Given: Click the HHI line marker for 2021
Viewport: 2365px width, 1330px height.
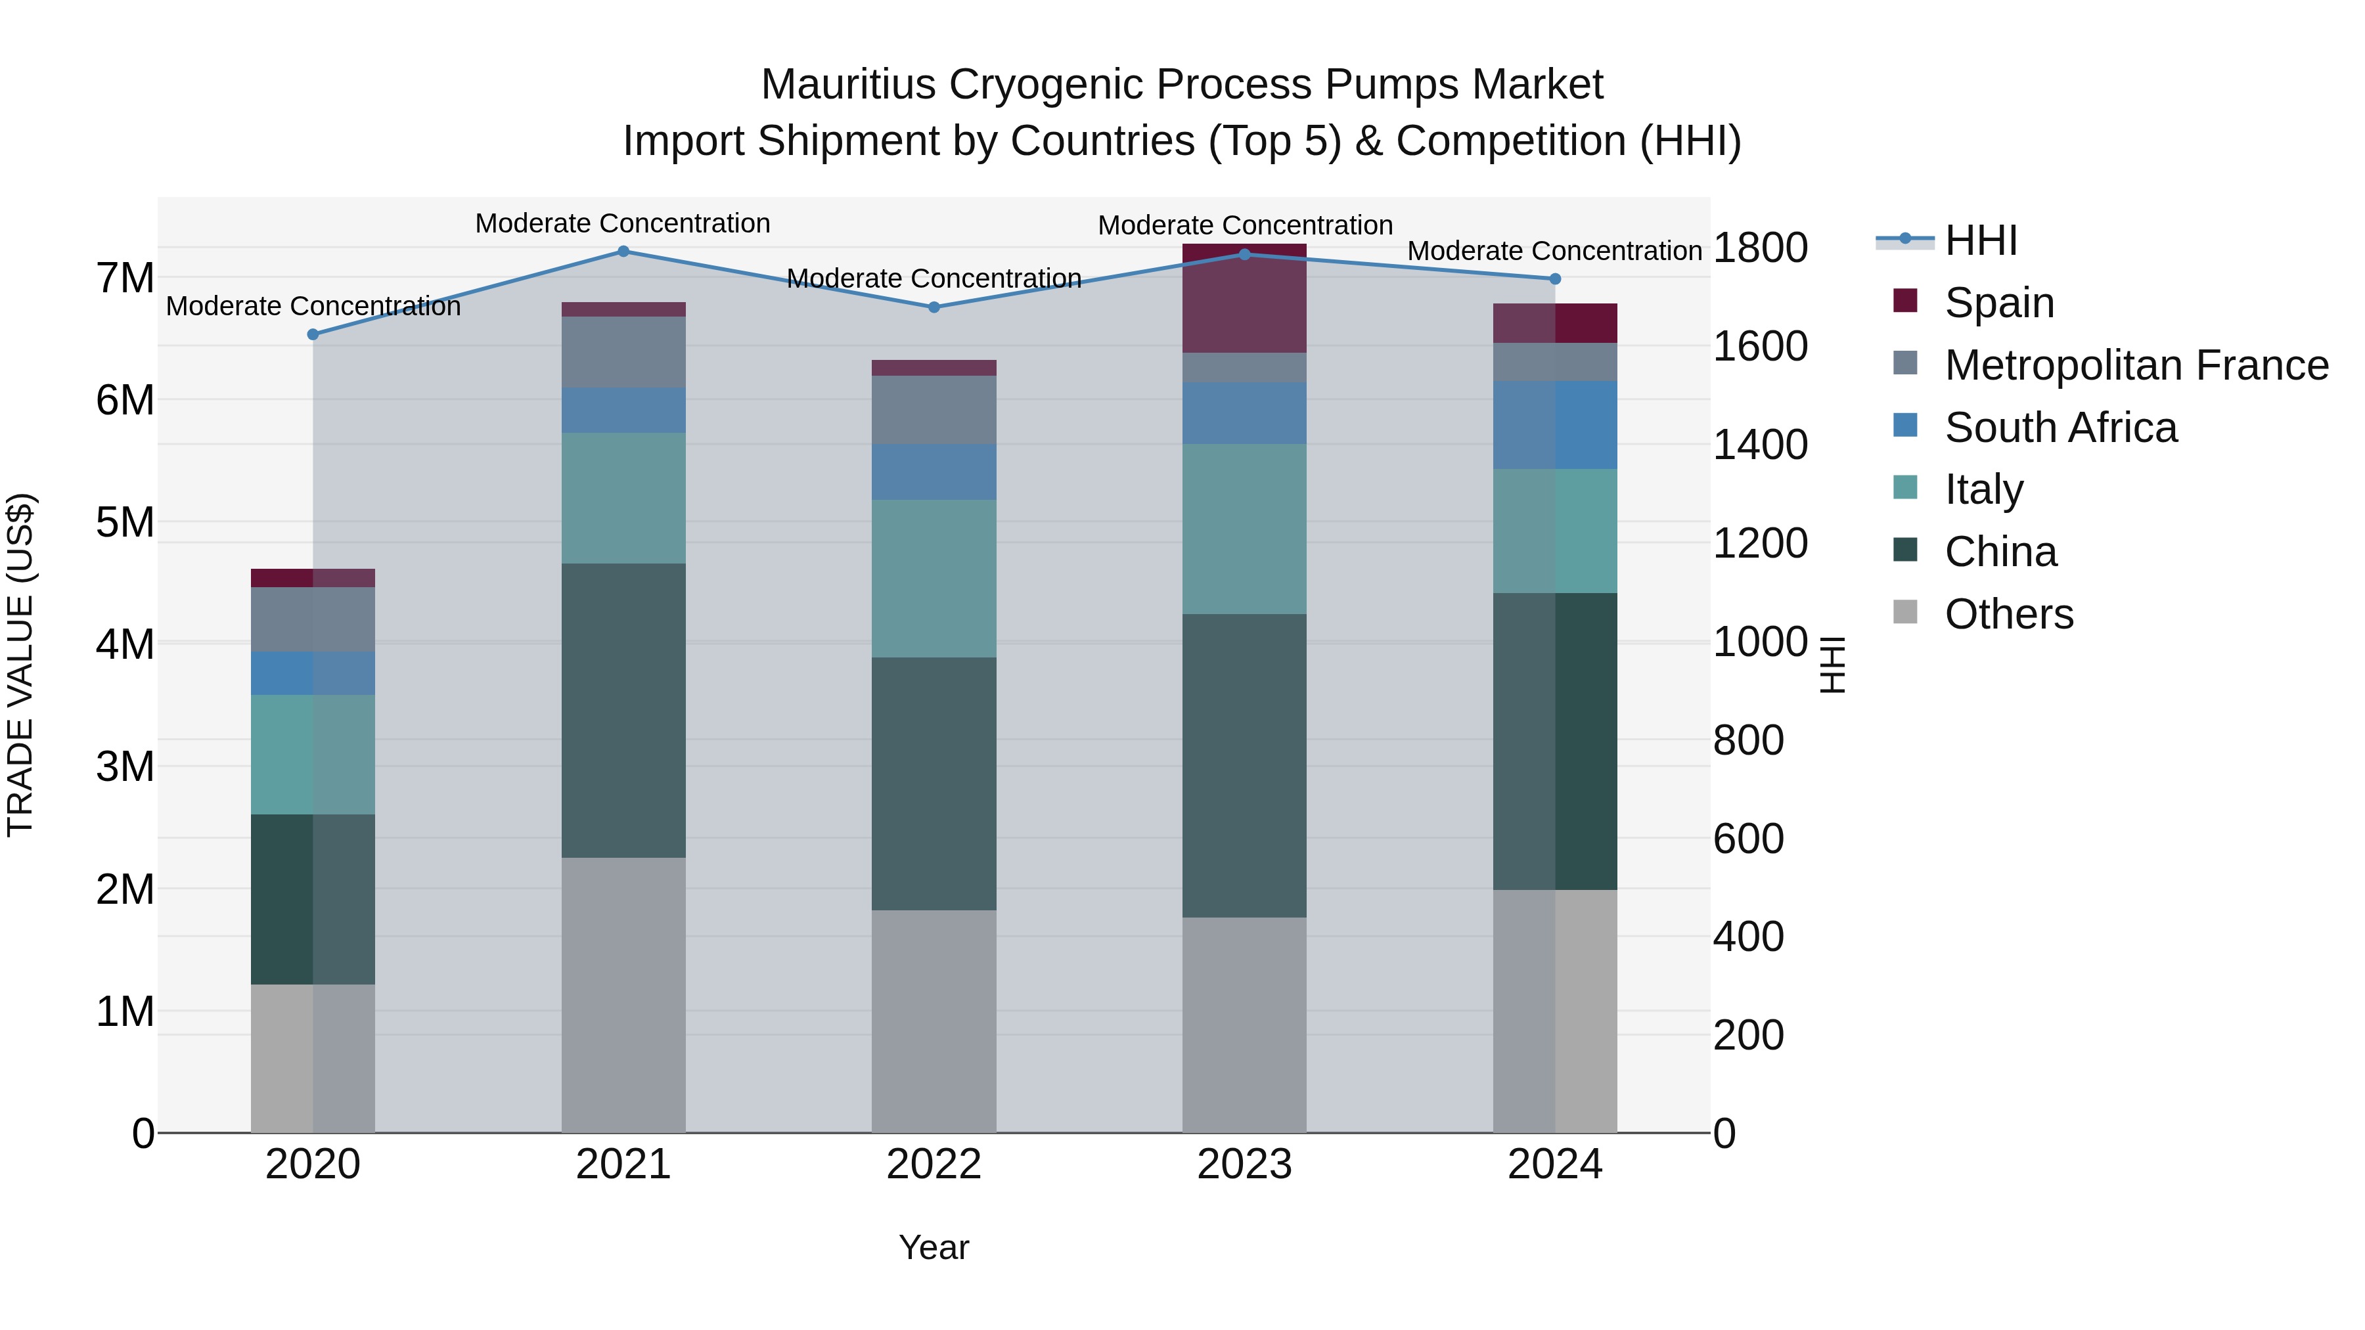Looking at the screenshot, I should point(623,252).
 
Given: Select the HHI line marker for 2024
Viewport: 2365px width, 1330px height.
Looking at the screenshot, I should point(1554,279).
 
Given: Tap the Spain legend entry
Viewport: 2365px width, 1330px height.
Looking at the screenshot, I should point(1998,303).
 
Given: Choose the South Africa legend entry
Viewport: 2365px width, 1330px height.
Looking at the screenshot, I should point(2060,428).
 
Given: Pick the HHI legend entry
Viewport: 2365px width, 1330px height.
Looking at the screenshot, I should point(1980,240).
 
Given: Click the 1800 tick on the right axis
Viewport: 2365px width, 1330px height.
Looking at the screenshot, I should point(1760,248).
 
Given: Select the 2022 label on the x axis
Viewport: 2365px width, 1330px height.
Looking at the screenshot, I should point(934,1164).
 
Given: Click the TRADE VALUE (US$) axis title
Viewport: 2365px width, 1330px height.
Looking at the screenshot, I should point(20,665).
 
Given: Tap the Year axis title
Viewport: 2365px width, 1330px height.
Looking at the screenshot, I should point(934,1247).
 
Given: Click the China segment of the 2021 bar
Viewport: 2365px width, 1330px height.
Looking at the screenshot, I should point(623,711).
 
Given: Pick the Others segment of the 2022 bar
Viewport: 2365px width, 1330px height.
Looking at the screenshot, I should point(934,1021).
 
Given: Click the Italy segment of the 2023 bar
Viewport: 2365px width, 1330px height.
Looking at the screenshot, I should point(1244,529).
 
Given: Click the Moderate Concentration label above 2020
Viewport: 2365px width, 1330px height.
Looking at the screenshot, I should point(313,307).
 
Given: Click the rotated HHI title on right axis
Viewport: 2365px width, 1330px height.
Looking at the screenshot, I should point(1831,665).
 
